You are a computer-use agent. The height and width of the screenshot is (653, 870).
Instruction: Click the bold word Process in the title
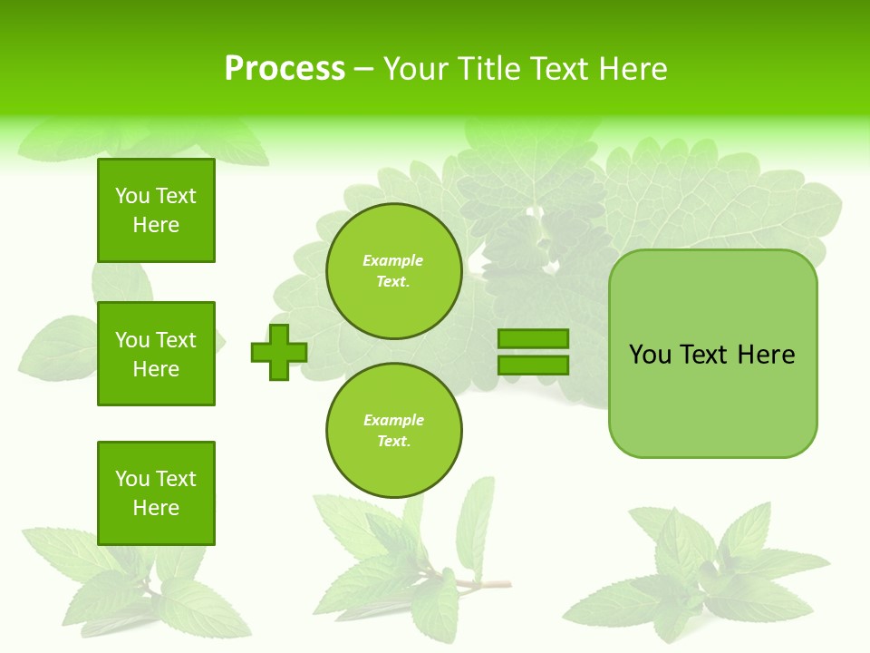click(285, 69)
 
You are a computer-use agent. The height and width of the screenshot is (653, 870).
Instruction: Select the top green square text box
click(156, 210)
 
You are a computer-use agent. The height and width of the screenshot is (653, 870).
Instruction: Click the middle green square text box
click(156, 354)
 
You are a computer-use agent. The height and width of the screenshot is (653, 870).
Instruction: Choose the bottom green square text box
click(156, 493)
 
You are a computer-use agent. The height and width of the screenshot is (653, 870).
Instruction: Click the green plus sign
click(279, 352)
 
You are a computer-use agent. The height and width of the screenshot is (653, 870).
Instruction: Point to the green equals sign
click(533, 352)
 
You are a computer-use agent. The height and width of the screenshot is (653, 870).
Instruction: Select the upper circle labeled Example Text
click(393, 271)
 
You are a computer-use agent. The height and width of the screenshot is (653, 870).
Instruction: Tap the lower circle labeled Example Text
click(393, 431)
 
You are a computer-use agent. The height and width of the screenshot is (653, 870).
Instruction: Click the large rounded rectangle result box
click(712, 354)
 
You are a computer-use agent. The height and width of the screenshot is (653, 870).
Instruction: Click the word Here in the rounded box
click(766, 355)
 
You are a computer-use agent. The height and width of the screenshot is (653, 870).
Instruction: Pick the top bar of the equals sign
click(533, 339)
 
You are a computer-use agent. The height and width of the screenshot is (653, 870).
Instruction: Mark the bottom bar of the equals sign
click(533, 365)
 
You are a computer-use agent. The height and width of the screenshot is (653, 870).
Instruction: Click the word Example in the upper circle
click(393, 261)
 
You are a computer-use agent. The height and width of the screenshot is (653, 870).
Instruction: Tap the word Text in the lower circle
click(393, 442)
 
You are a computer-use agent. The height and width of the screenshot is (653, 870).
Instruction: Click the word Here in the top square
click(156, 225)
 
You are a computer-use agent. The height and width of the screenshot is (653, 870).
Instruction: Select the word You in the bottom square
click(132, 479)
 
